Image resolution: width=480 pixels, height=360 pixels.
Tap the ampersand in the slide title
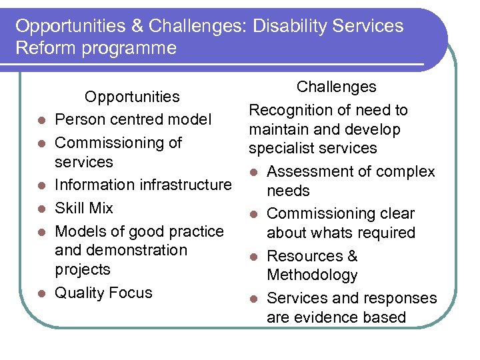point(136,26)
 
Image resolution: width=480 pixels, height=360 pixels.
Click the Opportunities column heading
point(132,97)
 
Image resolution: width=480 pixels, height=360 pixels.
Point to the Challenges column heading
point(336,87)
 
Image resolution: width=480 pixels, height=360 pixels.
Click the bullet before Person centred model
point(41,121)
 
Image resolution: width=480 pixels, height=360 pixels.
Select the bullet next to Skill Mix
point(41,209)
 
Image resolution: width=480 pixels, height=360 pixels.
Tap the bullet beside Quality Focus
point(41,293)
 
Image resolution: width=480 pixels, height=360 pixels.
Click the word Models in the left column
point(79,231)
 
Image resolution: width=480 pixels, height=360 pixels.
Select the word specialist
point(281,148)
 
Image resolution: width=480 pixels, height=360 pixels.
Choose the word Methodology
point(312,275)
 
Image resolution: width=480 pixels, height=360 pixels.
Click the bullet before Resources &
point(253,257)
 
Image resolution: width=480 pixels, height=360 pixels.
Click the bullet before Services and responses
point(253,299)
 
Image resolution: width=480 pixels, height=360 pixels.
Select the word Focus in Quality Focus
point(129,293)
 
